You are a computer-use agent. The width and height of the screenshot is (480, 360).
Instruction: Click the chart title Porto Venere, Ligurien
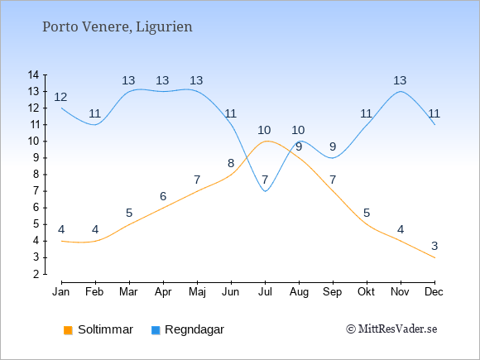tap(118, 27)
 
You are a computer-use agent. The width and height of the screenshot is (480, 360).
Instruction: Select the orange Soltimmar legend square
tap(68, 330)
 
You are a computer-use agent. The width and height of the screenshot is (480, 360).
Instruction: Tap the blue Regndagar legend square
tap(156, 330)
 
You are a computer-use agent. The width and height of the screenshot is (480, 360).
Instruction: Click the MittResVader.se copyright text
tap(391, 329)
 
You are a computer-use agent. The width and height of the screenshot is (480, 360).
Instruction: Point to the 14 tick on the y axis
tap(33, 74)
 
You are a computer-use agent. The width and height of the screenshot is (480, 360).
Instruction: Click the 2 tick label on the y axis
tap(36, 274)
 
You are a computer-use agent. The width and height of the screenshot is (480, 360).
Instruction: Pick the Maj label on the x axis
tap(197, 292)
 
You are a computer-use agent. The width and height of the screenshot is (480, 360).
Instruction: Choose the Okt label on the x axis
tap(366, 292)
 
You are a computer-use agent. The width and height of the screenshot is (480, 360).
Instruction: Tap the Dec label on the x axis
tap(434, 292)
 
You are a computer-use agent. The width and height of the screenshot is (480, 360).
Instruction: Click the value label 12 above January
tap(60, 98)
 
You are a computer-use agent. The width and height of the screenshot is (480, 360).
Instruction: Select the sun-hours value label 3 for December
tap(434, 246)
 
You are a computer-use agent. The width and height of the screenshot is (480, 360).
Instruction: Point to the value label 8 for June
tap(231, 164)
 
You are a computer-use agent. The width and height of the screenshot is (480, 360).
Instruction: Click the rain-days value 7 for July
tap(265, 180)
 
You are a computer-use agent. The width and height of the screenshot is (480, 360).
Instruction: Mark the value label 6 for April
tap(163, 196)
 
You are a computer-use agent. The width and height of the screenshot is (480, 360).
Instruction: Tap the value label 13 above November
tap(400, 80)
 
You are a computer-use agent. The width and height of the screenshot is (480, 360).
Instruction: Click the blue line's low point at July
tap(265, 191)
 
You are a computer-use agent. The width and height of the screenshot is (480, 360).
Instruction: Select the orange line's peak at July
tap(267, 142)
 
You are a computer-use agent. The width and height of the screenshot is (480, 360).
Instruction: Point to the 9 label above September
tap(333, 146)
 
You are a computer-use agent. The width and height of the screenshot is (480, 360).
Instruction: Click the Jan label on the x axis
tap(61, 292)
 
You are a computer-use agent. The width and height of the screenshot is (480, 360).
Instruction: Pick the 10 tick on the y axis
tap(33, 142)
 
